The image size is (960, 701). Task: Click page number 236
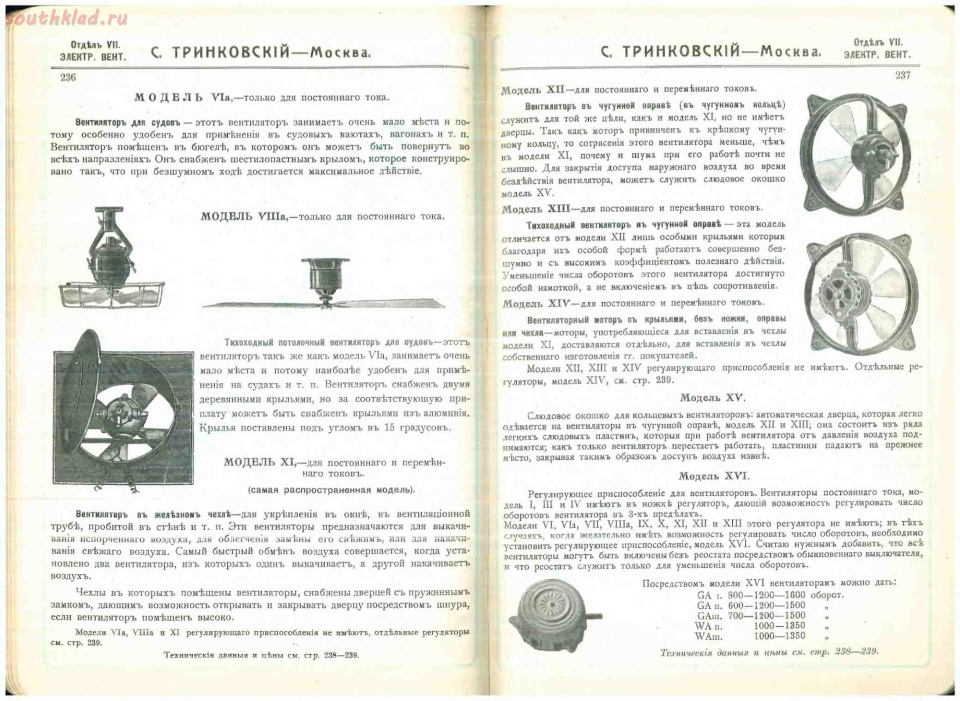68,77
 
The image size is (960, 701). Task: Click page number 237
903,75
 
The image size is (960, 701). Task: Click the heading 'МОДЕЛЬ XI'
260,463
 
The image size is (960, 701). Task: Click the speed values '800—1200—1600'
766,595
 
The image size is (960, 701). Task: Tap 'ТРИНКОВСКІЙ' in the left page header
231,53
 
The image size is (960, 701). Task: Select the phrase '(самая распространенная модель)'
331,490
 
